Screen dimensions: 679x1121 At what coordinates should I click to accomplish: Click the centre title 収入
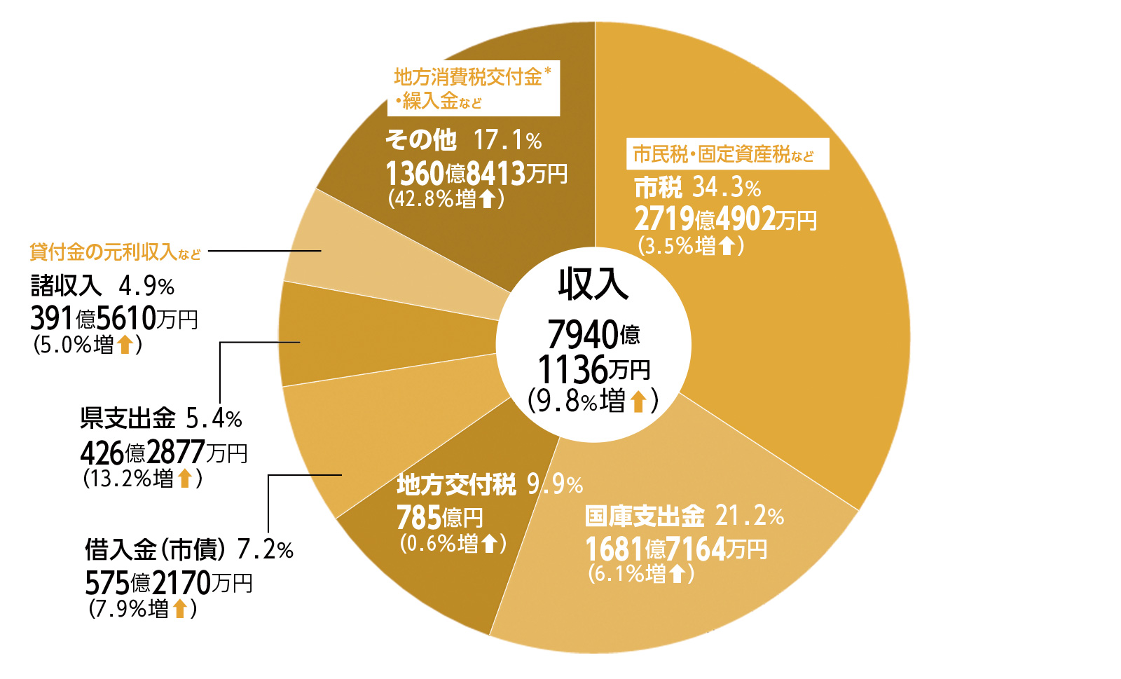593,284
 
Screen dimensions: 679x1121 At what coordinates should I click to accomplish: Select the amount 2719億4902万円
725,219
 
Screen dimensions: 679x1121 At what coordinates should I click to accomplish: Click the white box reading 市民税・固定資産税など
727,154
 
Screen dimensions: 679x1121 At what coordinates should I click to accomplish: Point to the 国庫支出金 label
645,516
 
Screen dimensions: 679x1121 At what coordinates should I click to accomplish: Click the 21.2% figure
749,516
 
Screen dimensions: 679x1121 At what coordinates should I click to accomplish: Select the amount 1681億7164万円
676,549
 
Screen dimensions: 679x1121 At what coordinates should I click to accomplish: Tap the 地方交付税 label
456,484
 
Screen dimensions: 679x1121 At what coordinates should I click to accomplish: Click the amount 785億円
440,518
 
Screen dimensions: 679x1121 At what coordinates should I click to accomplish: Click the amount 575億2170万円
169,582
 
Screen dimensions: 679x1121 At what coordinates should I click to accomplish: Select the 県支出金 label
128,418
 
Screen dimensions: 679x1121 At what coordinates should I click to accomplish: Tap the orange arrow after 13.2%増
185,479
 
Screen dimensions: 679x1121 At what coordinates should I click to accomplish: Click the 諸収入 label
67,286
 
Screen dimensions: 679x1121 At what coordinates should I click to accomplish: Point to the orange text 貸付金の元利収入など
116,252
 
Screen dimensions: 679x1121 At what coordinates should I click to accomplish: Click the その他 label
420,140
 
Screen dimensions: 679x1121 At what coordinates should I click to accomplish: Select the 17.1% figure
508,140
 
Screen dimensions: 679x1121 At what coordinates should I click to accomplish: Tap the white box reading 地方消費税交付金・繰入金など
474,88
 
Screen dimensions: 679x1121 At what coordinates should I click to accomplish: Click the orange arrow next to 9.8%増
638,402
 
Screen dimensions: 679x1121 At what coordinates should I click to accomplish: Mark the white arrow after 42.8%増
488,199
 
